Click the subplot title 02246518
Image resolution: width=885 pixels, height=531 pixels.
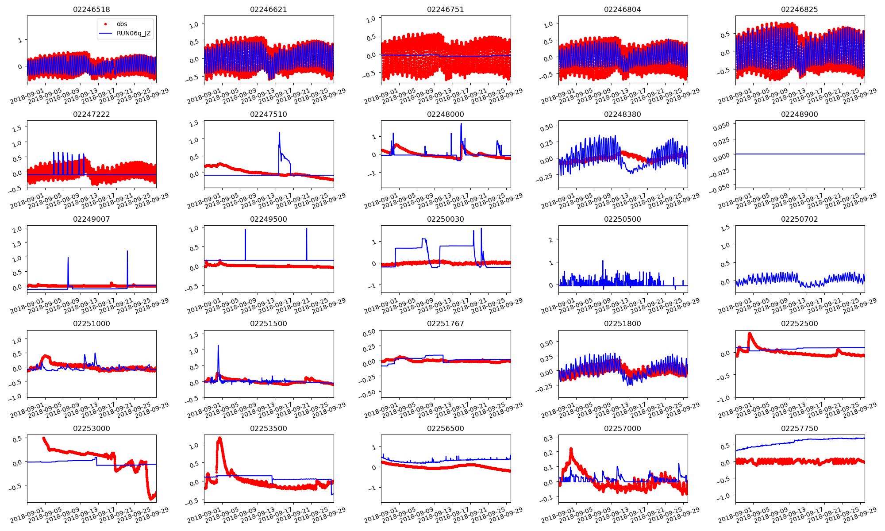[92, 9]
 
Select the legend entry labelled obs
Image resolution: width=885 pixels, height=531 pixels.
[122, 24]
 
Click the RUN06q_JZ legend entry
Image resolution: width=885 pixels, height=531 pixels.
[133, 33]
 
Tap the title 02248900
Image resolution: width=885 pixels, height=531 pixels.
[800, 114]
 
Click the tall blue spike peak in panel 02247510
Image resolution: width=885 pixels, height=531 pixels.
[279, 132]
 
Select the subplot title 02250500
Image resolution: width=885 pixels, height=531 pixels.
[623, 219]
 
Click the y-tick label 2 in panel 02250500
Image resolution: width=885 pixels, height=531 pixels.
[550, 240]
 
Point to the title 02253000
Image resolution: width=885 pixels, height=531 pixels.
[92, 428]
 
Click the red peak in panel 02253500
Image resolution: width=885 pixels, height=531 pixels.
[220, 438]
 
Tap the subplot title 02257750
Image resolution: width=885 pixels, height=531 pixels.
[800, 428]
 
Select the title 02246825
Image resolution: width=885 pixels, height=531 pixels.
[800, 9]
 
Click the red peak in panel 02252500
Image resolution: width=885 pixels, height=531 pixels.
[750, 333]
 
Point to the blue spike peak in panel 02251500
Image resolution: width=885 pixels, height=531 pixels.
[218, 346]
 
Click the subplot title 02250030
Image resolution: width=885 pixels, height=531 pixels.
[446, 219]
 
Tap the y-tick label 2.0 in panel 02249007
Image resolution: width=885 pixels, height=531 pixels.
[17, 230]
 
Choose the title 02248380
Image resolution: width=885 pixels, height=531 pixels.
[623, 114]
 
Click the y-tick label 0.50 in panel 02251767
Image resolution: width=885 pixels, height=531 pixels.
[369, 332]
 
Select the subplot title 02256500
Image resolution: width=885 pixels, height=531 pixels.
[446, 428]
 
